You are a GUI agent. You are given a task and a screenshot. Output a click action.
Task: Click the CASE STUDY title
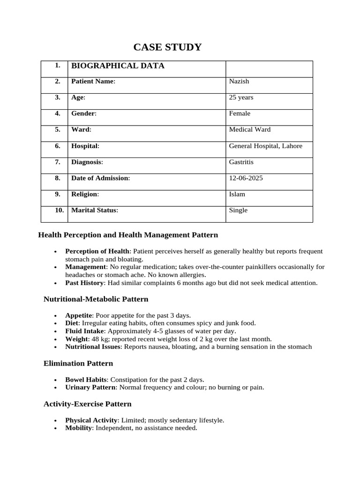coord(167,47)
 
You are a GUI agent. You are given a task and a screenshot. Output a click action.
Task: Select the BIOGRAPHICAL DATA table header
coord(118,66)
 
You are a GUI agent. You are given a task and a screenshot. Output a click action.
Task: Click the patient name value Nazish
coord(239,82)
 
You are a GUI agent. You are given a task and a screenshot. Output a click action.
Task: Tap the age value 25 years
coord(241,97)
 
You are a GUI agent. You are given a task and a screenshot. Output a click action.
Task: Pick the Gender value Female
coord(240,113)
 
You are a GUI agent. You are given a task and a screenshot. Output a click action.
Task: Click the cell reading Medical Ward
coord(249,129)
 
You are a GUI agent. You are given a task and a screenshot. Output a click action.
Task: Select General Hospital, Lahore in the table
coord(265,146)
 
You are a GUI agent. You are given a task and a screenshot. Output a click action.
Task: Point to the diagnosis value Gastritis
coord(241,162)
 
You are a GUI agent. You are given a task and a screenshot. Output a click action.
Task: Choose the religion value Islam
coord(237,194)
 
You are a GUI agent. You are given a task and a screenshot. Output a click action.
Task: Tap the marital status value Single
coord(238,210)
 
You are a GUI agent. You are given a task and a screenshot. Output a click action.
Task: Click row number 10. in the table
coord(59,210)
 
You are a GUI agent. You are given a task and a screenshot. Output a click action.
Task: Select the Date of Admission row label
coord(100,178)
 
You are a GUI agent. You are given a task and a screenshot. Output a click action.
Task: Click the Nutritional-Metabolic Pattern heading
coord(96,299)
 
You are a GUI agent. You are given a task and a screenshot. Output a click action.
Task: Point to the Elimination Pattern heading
coord(78,363)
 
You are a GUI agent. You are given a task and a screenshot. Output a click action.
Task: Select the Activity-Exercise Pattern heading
coord(87,404)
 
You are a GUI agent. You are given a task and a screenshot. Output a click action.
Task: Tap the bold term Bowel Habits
coord(86,380)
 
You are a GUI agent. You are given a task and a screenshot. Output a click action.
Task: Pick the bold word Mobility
coord(78,428)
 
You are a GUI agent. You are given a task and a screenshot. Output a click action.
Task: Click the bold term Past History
coord(84,283)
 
